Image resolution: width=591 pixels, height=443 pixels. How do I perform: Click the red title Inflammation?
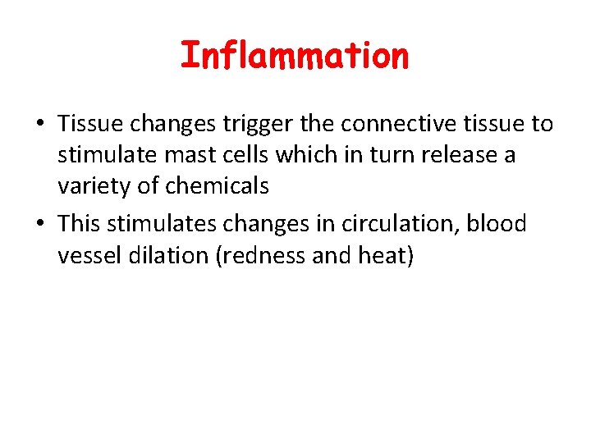tap(294, 56)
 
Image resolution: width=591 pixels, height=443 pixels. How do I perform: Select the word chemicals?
tap(217, 186)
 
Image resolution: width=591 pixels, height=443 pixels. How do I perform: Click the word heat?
tap(386, 256)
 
